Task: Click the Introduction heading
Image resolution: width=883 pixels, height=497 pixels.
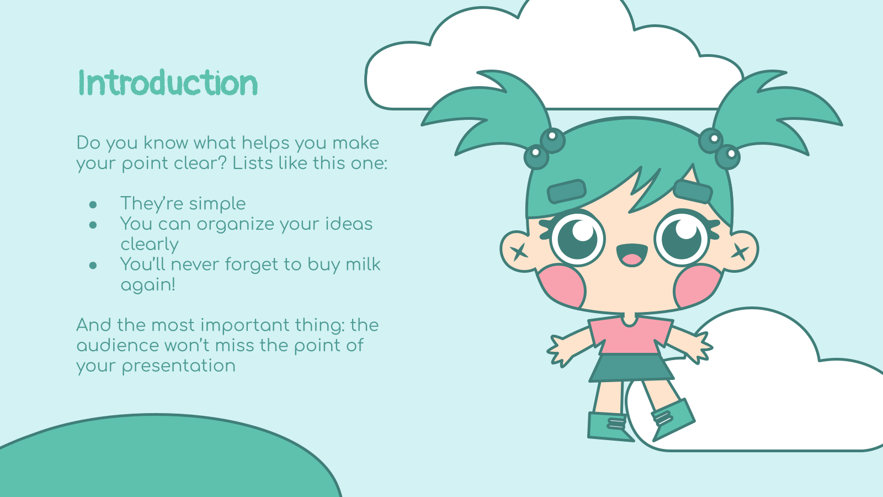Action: pos(168,83)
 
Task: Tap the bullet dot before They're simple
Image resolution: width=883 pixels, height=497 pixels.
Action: pos(93,204)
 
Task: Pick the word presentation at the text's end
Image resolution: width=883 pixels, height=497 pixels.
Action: pos(179,366)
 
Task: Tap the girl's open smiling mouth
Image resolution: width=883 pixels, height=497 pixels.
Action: pos(632,255)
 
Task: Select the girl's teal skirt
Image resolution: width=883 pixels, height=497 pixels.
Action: pos(631,368)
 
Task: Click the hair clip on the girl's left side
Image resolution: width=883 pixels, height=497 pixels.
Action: pos(566,191)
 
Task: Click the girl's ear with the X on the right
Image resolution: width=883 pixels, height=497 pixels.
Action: pos(742,251)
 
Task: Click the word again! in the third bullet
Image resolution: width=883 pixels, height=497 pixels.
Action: pos(148,285)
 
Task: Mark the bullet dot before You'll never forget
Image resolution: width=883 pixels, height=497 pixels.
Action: pos(93,265)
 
